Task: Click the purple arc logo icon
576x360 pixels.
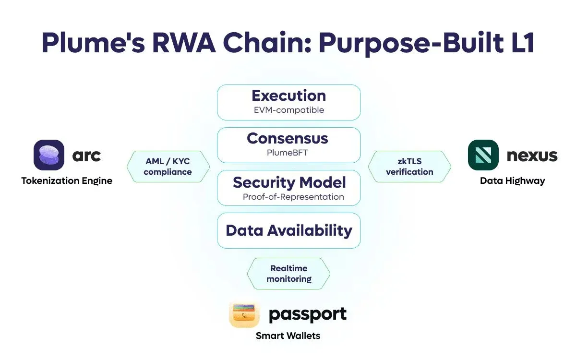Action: [49, 155]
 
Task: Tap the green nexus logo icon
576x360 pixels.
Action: [483, 155]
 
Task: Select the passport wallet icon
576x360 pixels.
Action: [245, 315]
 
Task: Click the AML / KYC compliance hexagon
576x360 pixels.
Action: [168, 167]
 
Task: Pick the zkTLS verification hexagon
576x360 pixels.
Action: [409, 167]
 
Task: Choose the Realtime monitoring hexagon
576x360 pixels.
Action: [288, 274]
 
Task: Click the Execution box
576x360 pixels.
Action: [288, 102]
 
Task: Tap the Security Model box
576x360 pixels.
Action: [288, 188]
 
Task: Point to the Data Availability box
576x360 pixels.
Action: [288, 230]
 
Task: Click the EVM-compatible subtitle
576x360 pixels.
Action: [288, 110]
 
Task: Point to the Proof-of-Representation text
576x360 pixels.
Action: [293, 197]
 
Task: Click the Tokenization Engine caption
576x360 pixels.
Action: [67, 181]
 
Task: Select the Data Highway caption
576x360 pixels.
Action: [512, 181]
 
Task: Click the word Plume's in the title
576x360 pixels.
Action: [95, 44]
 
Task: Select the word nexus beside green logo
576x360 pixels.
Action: [532, 156]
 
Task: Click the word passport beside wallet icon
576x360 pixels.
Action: [307, 315]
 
